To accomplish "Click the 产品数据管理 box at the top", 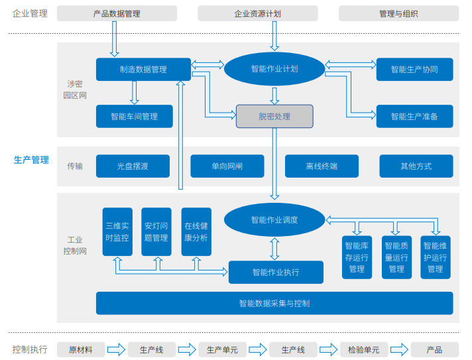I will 117,13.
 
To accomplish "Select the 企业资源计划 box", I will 258,13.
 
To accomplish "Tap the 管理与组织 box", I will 398,13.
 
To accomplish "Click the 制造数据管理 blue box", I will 143,70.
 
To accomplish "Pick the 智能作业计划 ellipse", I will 274,69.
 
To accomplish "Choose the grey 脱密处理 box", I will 274,116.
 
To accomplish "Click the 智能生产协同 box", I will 414,70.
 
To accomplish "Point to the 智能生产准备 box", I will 414,116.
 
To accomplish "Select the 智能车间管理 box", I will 135,116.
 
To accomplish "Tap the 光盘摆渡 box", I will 133,166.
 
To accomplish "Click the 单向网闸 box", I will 227,166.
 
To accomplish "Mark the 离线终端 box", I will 322,166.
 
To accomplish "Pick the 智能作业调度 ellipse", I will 274,220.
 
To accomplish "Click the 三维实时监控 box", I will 117,231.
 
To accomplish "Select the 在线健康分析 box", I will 196,231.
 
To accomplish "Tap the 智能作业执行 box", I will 276,272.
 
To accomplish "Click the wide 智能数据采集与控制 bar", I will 274,303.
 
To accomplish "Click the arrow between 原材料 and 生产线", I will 116,349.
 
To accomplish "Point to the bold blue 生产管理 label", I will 31,160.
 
